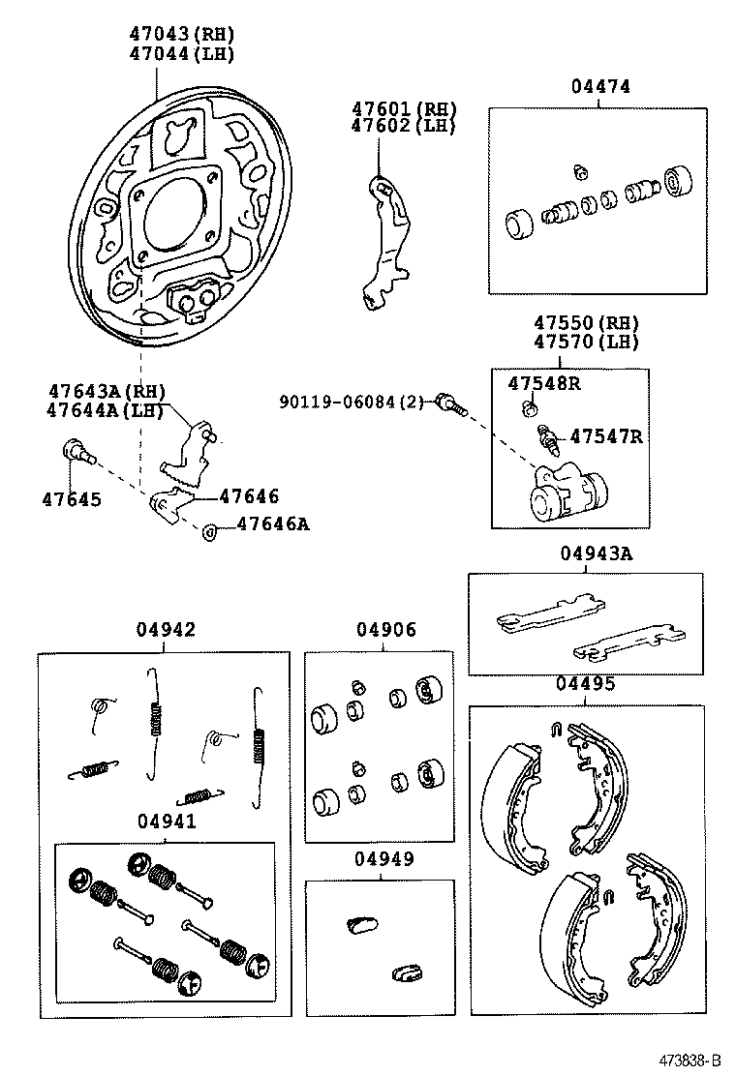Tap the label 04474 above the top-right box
(599, 86)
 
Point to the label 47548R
(544, 383)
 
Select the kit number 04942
(165, 630)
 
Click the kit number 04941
(166, 822)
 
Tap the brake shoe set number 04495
(585, 685)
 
